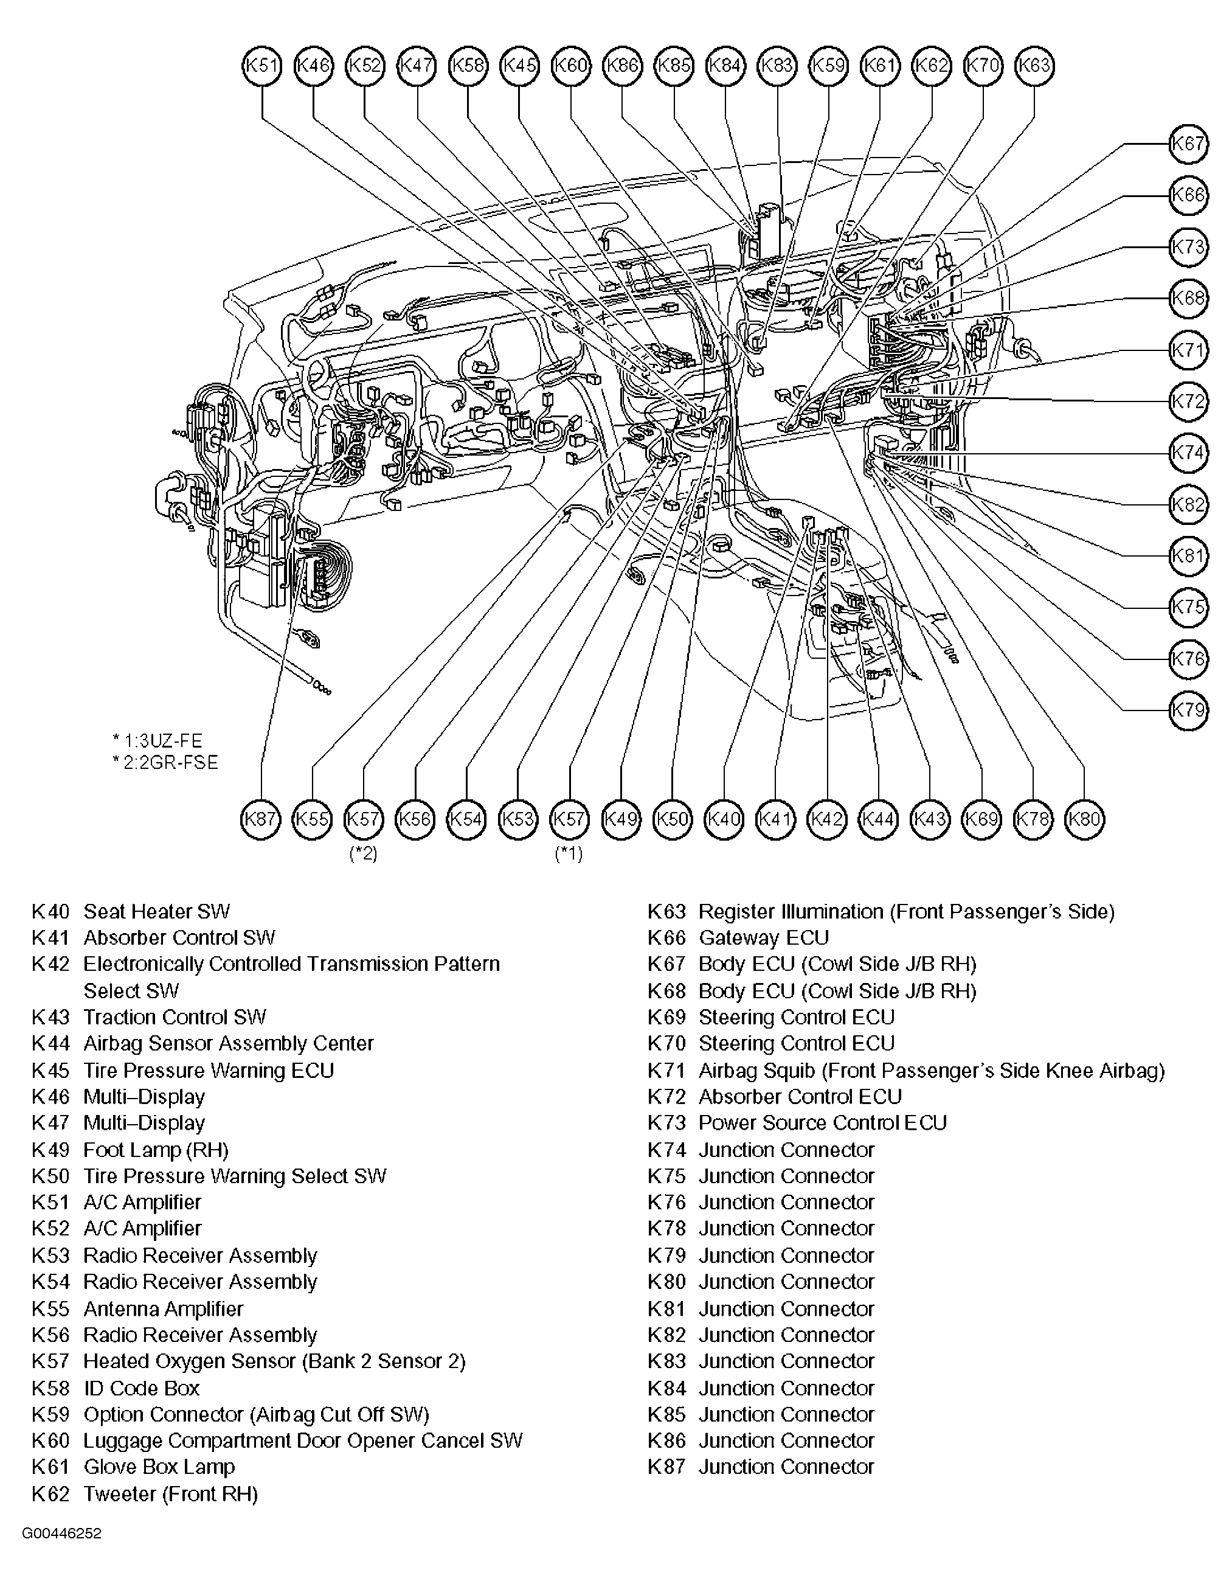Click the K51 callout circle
point(261,66)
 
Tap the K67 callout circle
point(1188,144)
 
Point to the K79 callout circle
point(1188,709)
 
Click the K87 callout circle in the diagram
point(260,819)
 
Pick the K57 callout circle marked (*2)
point(363,819)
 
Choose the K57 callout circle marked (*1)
point(569,819)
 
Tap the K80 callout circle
point(1085,819)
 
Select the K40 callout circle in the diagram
point(724,819)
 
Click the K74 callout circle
point(1188,453)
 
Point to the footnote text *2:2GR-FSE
point(165,763)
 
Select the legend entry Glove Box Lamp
point(159,1467)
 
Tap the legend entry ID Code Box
point(142,1388)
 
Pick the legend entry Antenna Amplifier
point(163,1308)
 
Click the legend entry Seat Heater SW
point(157,912)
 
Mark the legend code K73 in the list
point(666,1123)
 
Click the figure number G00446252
point(61,1534)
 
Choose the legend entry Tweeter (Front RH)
point(170,1493)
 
